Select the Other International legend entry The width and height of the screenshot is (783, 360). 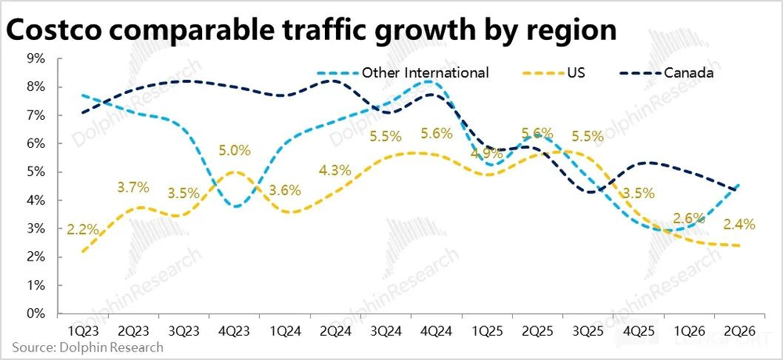(425, 73)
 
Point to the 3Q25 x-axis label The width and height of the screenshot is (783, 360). (587, 330)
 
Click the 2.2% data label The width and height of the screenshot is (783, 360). (82, 229)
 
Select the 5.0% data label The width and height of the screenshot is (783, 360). (234, 149)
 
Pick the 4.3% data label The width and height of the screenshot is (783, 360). (335, 170)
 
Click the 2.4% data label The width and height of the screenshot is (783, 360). (739, 225)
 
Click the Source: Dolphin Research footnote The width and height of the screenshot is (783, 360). (88, 347)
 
